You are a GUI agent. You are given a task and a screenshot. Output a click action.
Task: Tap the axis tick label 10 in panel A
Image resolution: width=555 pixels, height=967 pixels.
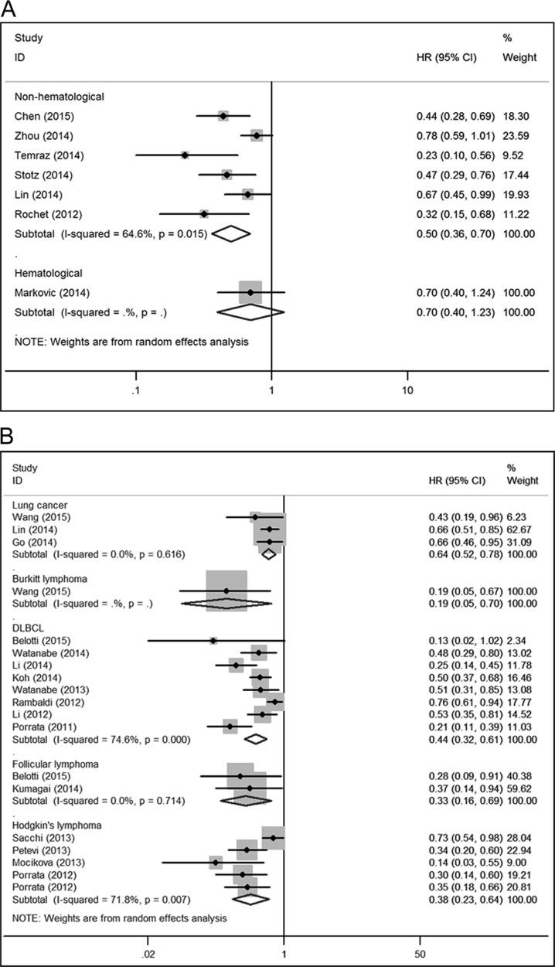click(x=408, y=390)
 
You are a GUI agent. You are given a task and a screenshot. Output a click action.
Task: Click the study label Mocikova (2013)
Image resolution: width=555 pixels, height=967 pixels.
click(x=51, y=862)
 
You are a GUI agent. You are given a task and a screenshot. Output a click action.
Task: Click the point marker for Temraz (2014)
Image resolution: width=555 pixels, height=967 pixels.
click(x=185, y=155)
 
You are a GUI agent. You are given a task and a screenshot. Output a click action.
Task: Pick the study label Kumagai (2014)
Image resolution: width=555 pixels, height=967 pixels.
click(x=49, y=788)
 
